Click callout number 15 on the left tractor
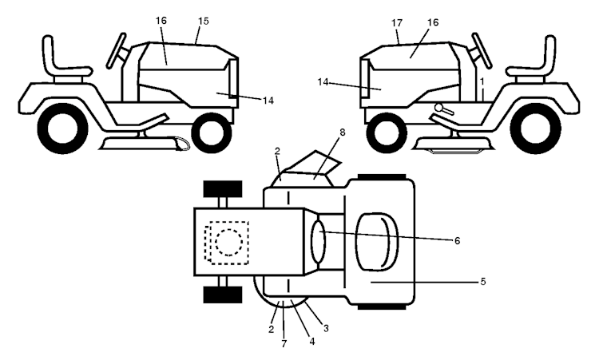pyautogui.click(x=204, y=21)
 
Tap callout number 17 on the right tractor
pyautogui.click(x=397, y=23)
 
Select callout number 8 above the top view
pyautogui.click(x=342, y=133)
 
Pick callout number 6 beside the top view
pyautogui.click(x=457, y=241)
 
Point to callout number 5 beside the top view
pyautogui.click(x=483, y=282)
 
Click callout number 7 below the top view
pyautogui.click(x=284, y=344)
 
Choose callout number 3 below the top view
pyautogui.click(x=326, y=328)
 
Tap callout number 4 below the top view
pyautogui.click(x=312, y=342)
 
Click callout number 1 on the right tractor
pyautogui.click(x=482, y=81)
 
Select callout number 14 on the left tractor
pyautogui.click(x=268, y=101)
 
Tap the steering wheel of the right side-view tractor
pyautogui.click(x=482, y=50)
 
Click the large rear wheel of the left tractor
pyautogui.click(x=62, y=129)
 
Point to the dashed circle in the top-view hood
pyautogui.click(x=229, y=242)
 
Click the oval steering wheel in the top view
pyautogui.click(x=318, y=241)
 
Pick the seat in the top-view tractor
pyautogui.click(x=377, y=242)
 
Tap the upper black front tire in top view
pyautogui.click(x=223, y=189)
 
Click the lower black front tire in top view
pyautogui.click(x=223, y=295)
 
